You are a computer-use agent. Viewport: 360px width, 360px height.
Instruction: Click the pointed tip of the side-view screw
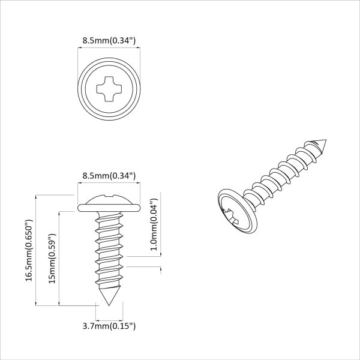pyautogui.click(x=109, y=306)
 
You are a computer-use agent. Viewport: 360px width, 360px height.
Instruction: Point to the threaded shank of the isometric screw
pyautogui.click(x=282, y=174)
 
